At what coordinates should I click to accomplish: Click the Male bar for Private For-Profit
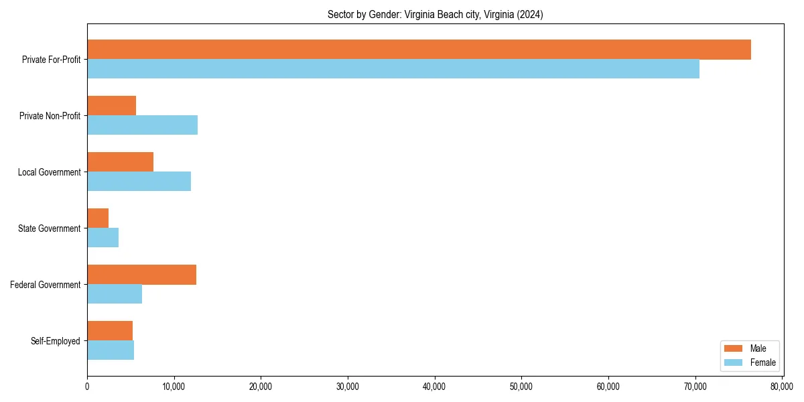click(419, 50)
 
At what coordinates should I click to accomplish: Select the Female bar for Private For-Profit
click(393, 69)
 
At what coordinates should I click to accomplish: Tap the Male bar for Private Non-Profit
click(111, 106)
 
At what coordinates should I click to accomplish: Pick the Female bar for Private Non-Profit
click(142, 125)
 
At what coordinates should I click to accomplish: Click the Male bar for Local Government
click(120, 162)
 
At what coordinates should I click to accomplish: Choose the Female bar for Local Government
click(139, 182)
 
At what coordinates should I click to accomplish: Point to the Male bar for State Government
click(98, 218)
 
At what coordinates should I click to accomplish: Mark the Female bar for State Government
click(103, 238)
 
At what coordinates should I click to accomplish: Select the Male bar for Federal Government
click(141, 275)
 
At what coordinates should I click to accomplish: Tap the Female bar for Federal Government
click(115, 294)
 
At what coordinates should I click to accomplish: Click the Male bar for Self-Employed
click(110, 331)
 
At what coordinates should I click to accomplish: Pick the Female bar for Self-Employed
click(111, 350)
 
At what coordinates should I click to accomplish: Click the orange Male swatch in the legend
click(734, 348)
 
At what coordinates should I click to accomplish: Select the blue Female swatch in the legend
click(734, 362)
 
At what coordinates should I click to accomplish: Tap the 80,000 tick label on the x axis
click(782, 387)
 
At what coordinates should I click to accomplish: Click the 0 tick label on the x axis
click(87, 387)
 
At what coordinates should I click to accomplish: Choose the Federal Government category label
click(46, 285)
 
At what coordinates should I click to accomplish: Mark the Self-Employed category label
click(56, 341)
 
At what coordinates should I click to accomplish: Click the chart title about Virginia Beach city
click(435, 14)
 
